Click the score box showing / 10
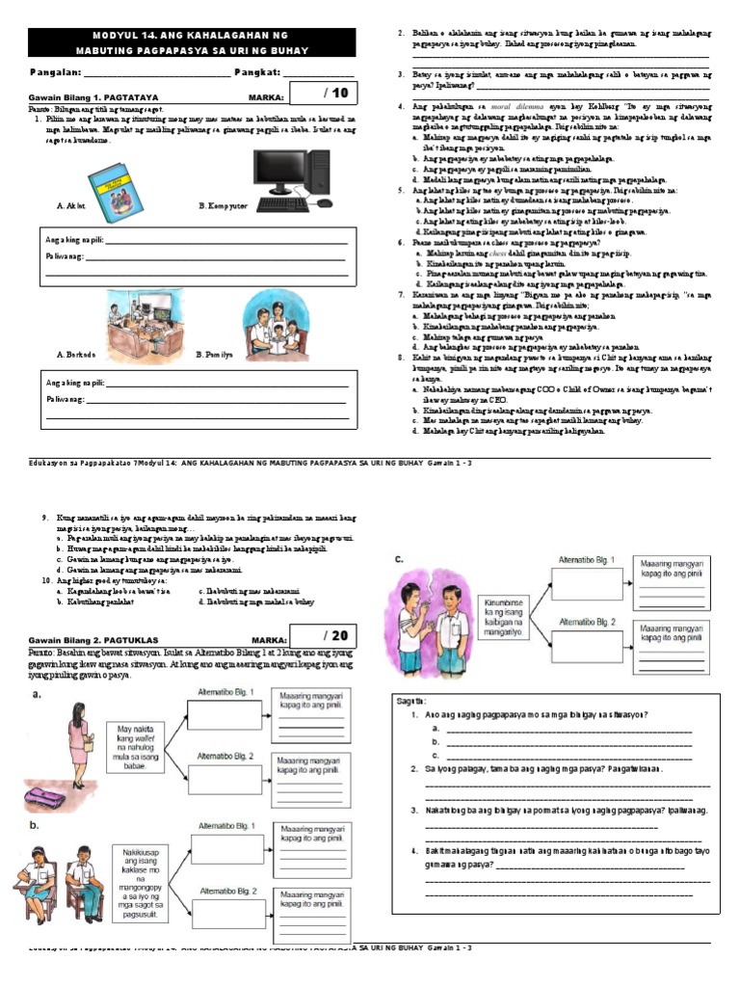tap(328, 93)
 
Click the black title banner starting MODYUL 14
tap(194, 42)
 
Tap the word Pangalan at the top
tap(56, 72)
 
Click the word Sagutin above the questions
tap(411, 701)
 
